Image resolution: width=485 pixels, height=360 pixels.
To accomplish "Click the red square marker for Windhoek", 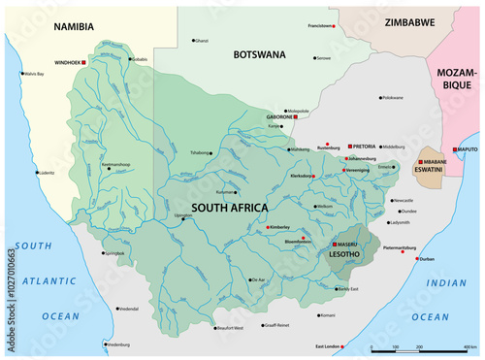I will (x=84, y=62).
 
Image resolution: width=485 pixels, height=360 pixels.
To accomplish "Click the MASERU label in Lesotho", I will (x=348, y=244).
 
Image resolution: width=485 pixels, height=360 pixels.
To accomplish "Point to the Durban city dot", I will (x=420, y=259).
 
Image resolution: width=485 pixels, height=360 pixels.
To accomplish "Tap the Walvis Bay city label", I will (x=38, y=74).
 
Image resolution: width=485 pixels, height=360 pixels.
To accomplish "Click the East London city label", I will (x=330, y=346).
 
